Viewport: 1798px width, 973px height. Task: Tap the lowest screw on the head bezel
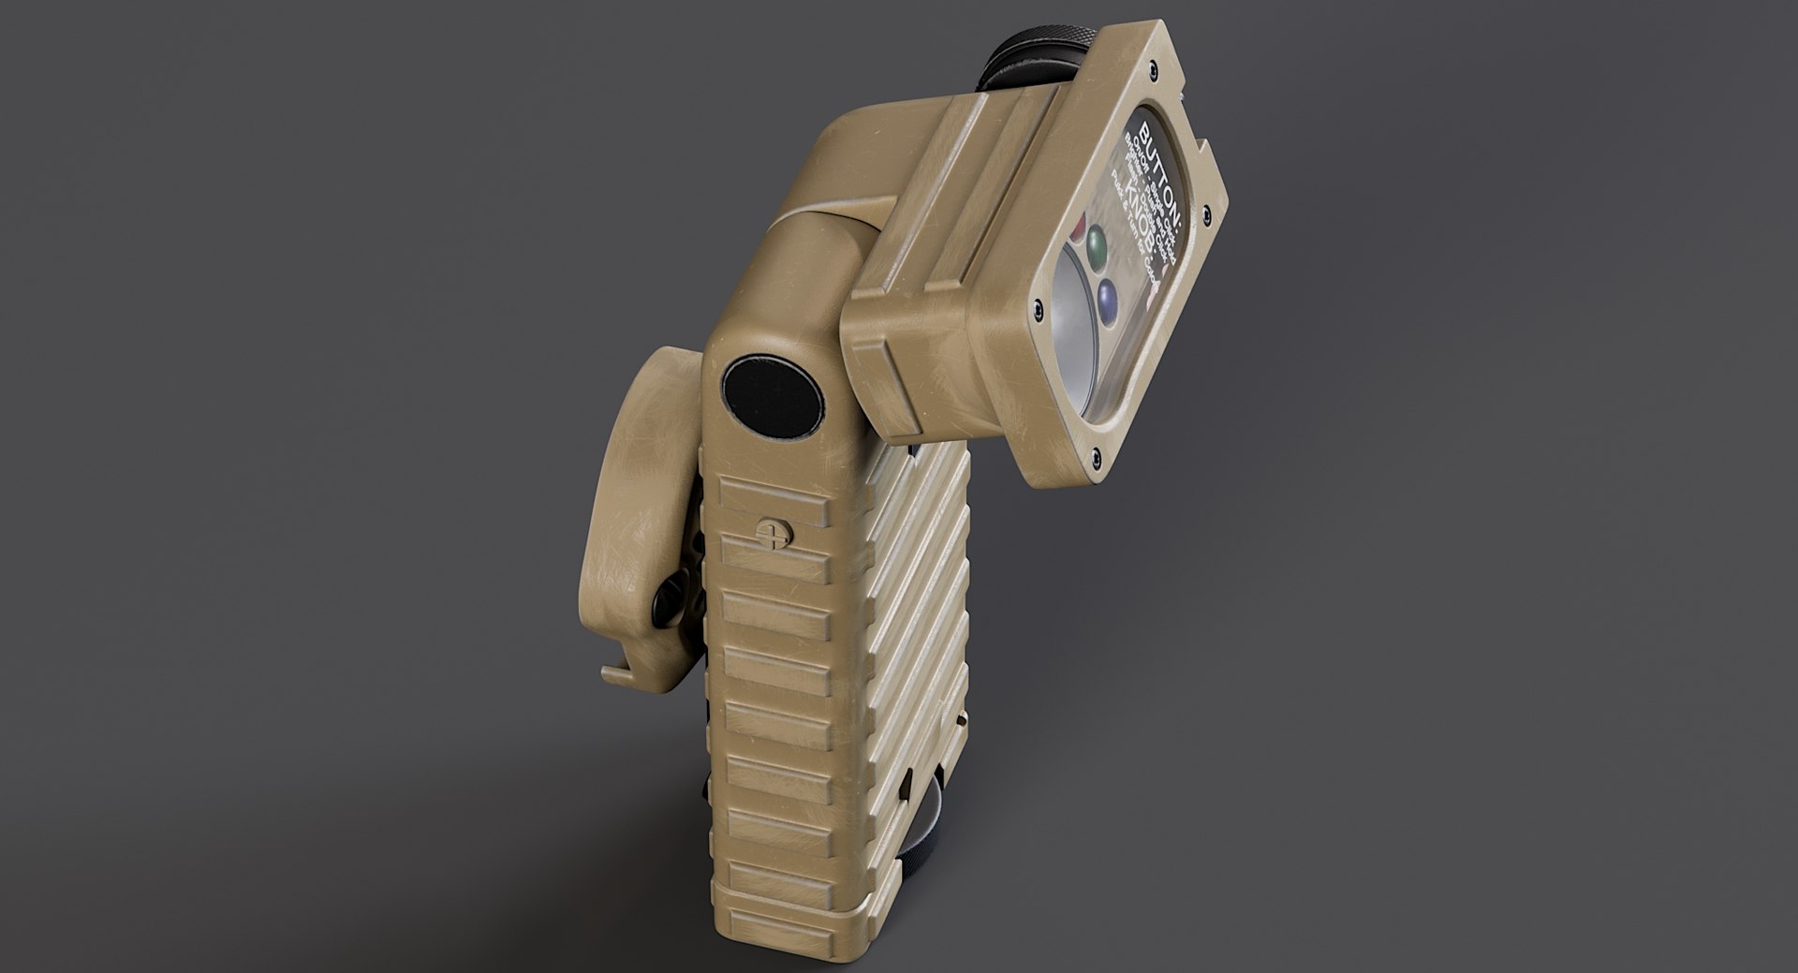click(x=1095, y=456)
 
